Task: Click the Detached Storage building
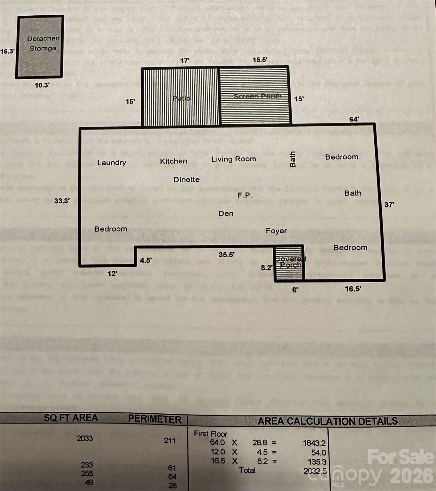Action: coord(40,47)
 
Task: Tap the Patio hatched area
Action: coord(181,97)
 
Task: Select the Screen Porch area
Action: coord(255,96)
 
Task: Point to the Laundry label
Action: coord(112,163)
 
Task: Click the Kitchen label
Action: coord(174,161)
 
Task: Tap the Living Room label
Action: coord(234,159)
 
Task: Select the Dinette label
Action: coord(186,180)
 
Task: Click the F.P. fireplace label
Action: coord(245,195)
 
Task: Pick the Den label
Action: coord(226,214)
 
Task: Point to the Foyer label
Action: coord(276,231)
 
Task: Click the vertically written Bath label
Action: coord(292,159)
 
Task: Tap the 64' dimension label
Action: coord(354,119)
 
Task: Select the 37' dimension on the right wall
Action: coord(389,205)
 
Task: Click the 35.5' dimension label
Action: coord(227,255)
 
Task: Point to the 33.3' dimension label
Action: coord(62,201)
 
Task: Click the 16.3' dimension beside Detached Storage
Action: coord(7,51)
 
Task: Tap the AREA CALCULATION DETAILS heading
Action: coord(328,421)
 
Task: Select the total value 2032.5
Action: coord(315,471)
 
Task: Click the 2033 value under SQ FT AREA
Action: coord(85,438)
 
